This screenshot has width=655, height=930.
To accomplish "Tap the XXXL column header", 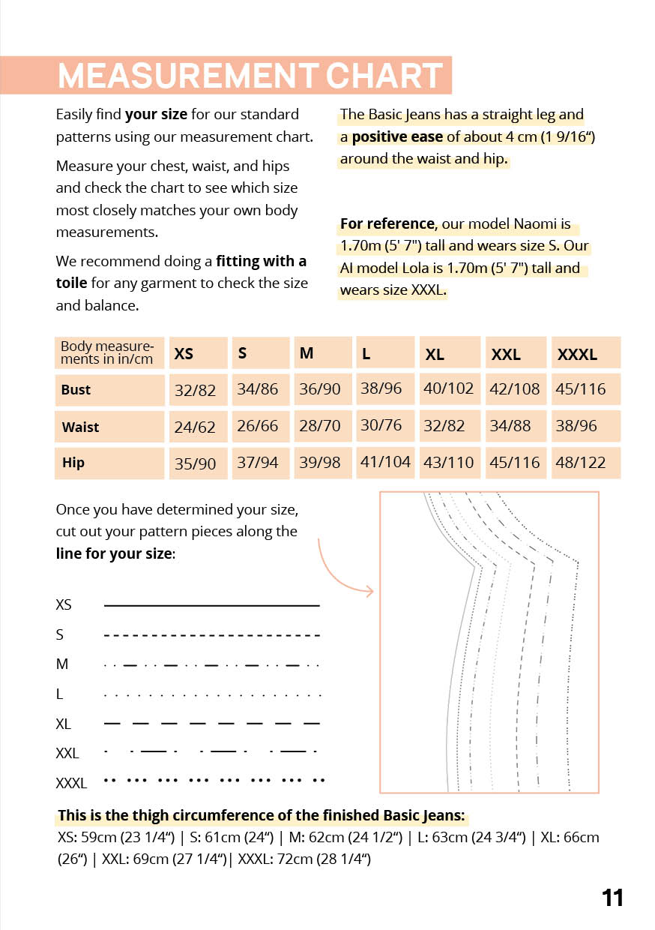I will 577,355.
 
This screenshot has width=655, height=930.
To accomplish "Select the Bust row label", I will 76,389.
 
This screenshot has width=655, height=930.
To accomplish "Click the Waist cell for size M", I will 320,426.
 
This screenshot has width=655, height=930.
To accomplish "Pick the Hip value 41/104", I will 385,462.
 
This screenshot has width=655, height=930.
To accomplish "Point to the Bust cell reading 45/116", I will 581,389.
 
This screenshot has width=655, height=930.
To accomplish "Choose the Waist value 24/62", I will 195,427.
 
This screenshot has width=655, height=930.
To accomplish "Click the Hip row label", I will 73,463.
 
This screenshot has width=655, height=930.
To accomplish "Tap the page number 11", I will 612,898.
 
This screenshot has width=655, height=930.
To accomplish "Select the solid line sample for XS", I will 211,605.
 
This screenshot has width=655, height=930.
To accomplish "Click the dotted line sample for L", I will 211,695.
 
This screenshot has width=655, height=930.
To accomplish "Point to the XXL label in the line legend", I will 67,753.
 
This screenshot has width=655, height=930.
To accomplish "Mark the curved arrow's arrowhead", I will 369,592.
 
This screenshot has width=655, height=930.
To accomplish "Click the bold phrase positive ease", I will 397,137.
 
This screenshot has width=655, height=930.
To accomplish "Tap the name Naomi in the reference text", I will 535,224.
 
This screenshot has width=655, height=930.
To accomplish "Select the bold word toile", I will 71,283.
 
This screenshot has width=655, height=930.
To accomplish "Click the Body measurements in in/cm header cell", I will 109,352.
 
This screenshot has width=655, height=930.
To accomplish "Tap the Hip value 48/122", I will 581,463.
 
